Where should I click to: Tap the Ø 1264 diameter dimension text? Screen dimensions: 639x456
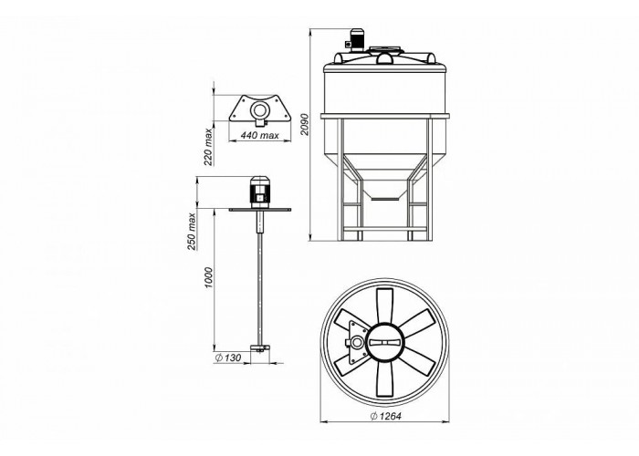tap(385, 416)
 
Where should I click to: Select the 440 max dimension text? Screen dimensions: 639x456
tap(259, 135)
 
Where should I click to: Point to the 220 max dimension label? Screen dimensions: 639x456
tap(208, 147)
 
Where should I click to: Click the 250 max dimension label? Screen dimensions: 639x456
tap(192, 232)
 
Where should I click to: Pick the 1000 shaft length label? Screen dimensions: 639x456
tap(209, 277)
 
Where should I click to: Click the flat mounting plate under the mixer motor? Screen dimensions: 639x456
tap(260, 209)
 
